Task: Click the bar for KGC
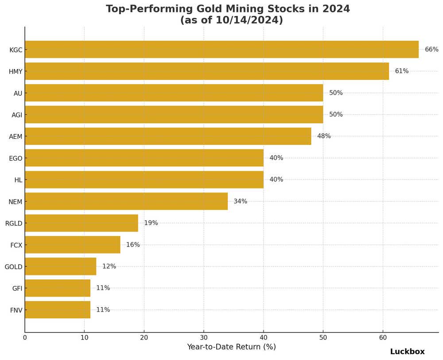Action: (221, 50)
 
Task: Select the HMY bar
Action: (207, 71)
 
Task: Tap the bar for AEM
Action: (168, 137)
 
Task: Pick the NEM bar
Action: (126, 201)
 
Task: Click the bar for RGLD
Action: (82, 223)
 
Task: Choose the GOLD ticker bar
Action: (60, 266)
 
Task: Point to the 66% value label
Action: (431, 50)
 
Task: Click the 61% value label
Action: (402, 71)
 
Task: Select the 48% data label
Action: (324, 137)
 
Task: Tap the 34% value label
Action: (240, 201)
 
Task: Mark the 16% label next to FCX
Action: (133, 245)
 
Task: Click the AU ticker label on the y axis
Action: (18, 94)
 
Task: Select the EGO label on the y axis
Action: (16, 158)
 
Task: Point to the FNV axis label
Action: (16, 310)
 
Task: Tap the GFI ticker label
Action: (17, 289)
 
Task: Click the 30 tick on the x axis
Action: (204, 338)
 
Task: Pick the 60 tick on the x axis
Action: (383, 338)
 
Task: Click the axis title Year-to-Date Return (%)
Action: (231, 347)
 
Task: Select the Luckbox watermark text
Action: (407, 352)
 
